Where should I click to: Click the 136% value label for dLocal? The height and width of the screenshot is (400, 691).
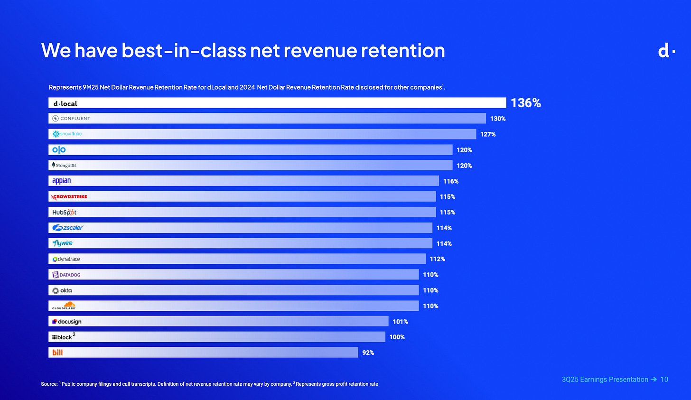click(x=525, y=103)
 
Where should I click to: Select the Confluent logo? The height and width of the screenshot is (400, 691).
click(x=71, y=119)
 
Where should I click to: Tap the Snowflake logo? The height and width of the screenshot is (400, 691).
click(x=67, y=134)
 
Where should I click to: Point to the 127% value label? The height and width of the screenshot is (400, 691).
click(x=488, y=134)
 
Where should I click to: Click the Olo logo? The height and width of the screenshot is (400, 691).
click(x=59, y=150)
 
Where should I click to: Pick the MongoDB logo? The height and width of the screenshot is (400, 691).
click(x=64, y=166)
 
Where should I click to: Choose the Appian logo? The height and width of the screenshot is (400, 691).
click(x=62, y=181)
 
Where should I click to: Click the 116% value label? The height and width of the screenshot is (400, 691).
click(x=451, y=181)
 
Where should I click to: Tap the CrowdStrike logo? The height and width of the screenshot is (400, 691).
click(x=69, y=196)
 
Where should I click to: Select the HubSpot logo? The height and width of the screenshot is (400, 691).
click(x=64, y=212)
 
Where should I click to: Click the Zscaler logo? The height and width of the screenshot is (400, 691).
click(x=67, y=228)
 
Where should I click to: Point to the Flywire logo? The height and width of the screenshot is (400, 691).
click(x=62, y=243)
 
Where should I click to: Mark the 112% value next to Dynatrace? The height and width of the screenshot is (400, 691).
click(x=437, y=259)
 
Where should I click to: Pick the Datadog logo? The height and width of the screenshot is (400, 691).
click(x=66, y=275)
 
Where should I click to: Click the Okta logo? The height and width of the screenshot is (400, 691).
click(x=62, y=290)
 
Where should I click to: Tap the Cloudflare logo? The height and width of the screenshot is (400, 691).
click(x=64, y=306)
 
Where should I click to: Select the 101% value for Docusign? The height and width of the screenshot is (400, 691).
click(x=400, y=322)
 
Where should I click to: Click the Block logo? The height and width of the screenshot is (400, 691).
click(x=62, y=337)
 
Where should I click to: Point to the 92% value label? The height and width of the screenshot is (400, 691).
click(x=368, y=353)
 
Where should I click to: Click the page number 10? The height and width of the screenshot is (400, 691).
click(x=664, y=379)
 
